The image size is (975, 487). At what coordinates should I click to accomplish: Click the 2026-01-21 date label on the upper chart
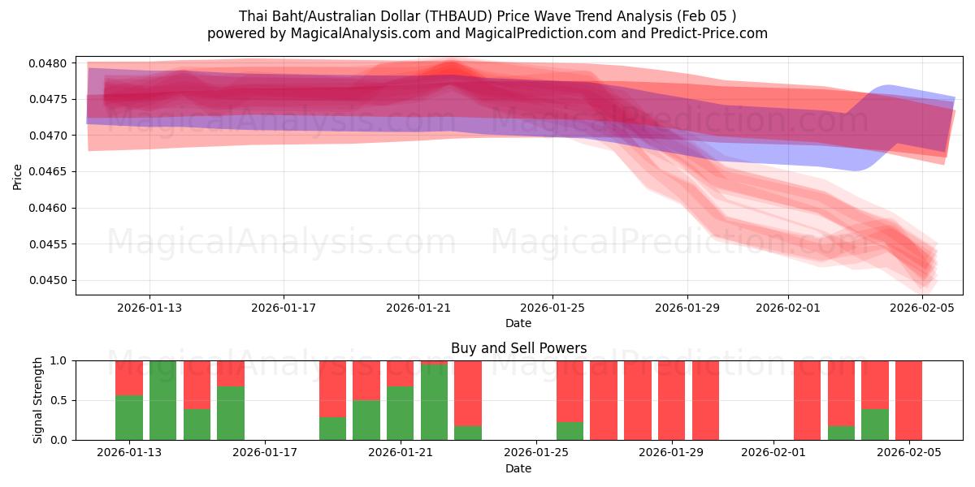(418, 308)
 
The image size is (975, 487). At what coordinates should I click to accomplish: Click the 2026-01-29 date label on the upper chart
(687, 308)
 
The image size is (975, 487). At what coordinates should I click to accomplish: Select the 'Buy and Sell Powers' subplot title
(518, 348)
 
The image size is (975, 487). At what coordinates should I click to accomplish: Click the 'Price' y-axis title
(18, 176)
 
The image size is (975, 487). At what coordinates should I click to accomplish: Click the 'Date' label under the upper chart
(518, 323)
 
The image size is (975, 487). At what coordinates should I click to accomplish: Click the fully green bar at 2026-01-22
(434, 401)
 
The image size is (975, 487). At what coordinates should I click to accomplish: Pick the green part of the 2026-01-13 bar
(129, 418)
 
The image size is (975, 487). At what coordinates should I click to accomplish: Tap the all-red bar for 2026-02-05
(908, 401)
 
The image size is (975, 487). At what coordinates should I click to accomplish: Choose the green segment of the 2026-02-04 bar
(874, 425)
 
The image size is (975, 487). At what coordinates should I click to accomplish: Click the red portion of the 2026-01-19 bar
(332, 388)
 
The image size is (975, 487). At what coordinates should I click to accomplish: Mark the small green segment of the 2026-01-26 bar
(570, 431)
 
